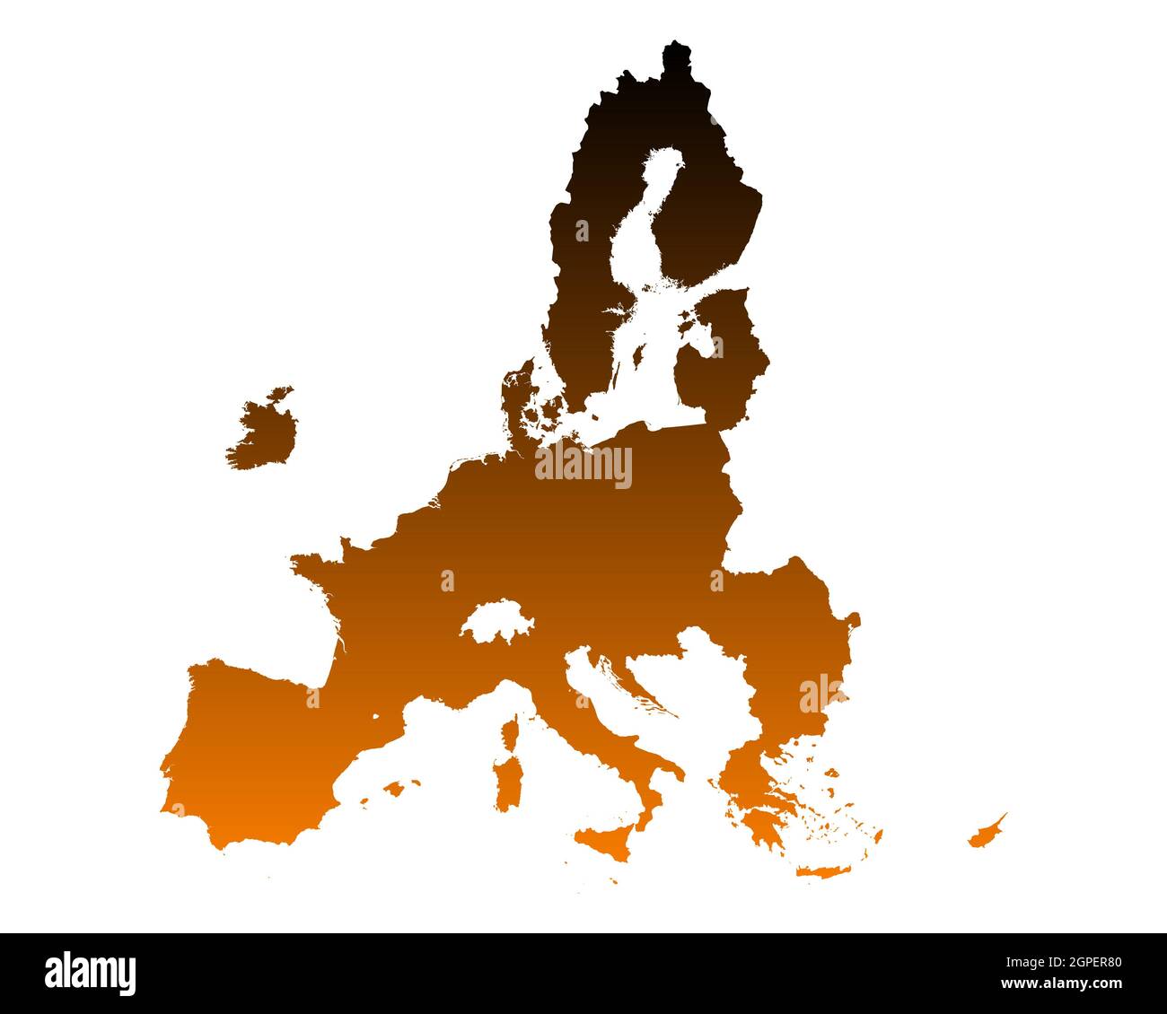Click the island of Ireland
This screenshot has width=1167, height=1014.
click(x=265, y=431)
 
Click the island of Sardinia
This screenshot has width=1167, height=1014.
click(x=509, y=781)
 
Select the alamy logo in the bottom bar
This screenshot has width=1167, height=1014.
click(x=90, y=974)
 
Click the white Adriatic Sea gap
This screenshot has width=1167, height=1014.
click(x=619, y=700)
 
